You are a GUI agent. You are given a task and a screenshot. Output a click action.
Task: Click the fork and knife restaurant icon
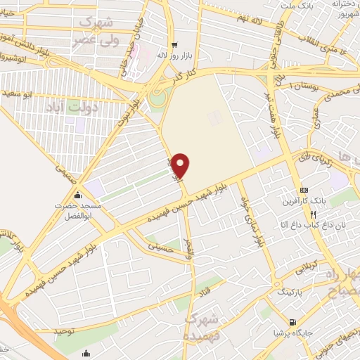(x=314, y=214)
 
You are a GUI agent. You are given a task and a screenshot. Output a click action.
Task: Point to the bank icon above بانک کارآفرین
(x=304, y=191)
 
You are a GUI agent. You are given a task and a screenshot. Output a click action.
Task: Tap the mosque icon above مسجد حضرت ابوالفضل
(x=77, y=195)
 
